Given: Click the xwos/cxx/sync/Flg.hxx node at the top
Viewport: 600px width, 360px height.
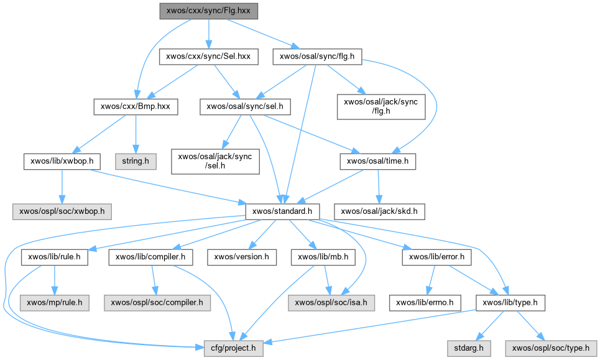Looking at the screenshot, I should tap(208, 11).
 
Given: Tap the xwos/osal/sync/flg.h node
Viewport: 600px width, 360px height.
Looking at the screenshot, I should tap(317, 57).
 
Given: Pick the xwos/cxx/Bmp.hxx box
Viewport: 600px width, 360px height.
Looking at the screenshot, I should tap(136, 107).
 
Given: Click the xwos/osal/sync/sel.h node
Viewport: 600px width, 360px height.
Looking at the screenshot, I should tap(245, 107).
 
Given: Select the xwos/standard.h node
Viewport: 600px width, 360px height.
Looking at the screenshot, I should tap(283, 211).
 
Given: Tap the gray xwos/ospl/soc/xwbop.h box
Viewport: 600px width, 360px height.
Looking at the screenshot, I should tap(62, 211).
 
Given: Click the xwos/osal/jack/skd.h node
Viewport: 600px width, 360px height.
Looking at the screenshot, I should tap(380, 211).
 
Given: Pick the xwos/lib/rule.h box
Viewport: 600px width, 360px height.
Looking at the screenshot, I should tap(55, 256).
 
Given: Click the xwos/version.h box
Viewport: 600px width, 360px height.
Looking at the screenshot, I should tap(241, 256).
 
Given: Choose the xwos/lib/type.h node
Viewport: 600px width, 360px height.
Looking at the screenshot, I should tap(510, 303).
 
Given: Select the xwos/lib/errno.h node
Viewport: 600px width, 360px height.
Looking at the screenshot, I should tap(425, 303).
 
